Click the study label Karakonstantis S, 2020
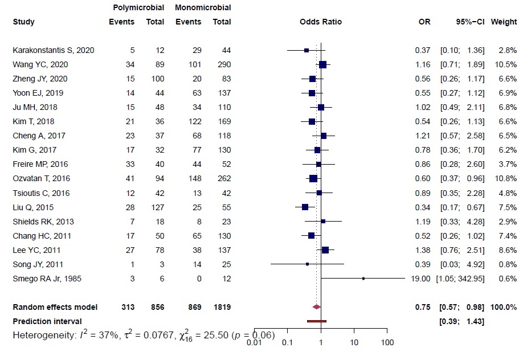(53, 50)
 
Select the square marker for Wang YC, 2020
(322, 64)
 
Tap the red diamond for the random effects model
(317, 307)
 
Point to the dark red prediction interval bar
(316, 321)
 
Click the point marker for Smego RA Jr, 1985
(363, 279)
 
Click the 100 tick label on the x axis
(387, 343)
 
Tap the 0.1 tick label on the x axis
(287, 343)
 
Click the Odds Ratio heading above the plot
(320, 22)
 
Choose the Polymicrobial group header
(137, 8)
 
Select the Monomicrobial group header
(203, 8)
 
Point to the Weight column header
(504, 22)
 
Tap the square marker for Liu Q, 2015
(305, 207)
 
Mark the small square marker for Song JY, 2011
(307, 264)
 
